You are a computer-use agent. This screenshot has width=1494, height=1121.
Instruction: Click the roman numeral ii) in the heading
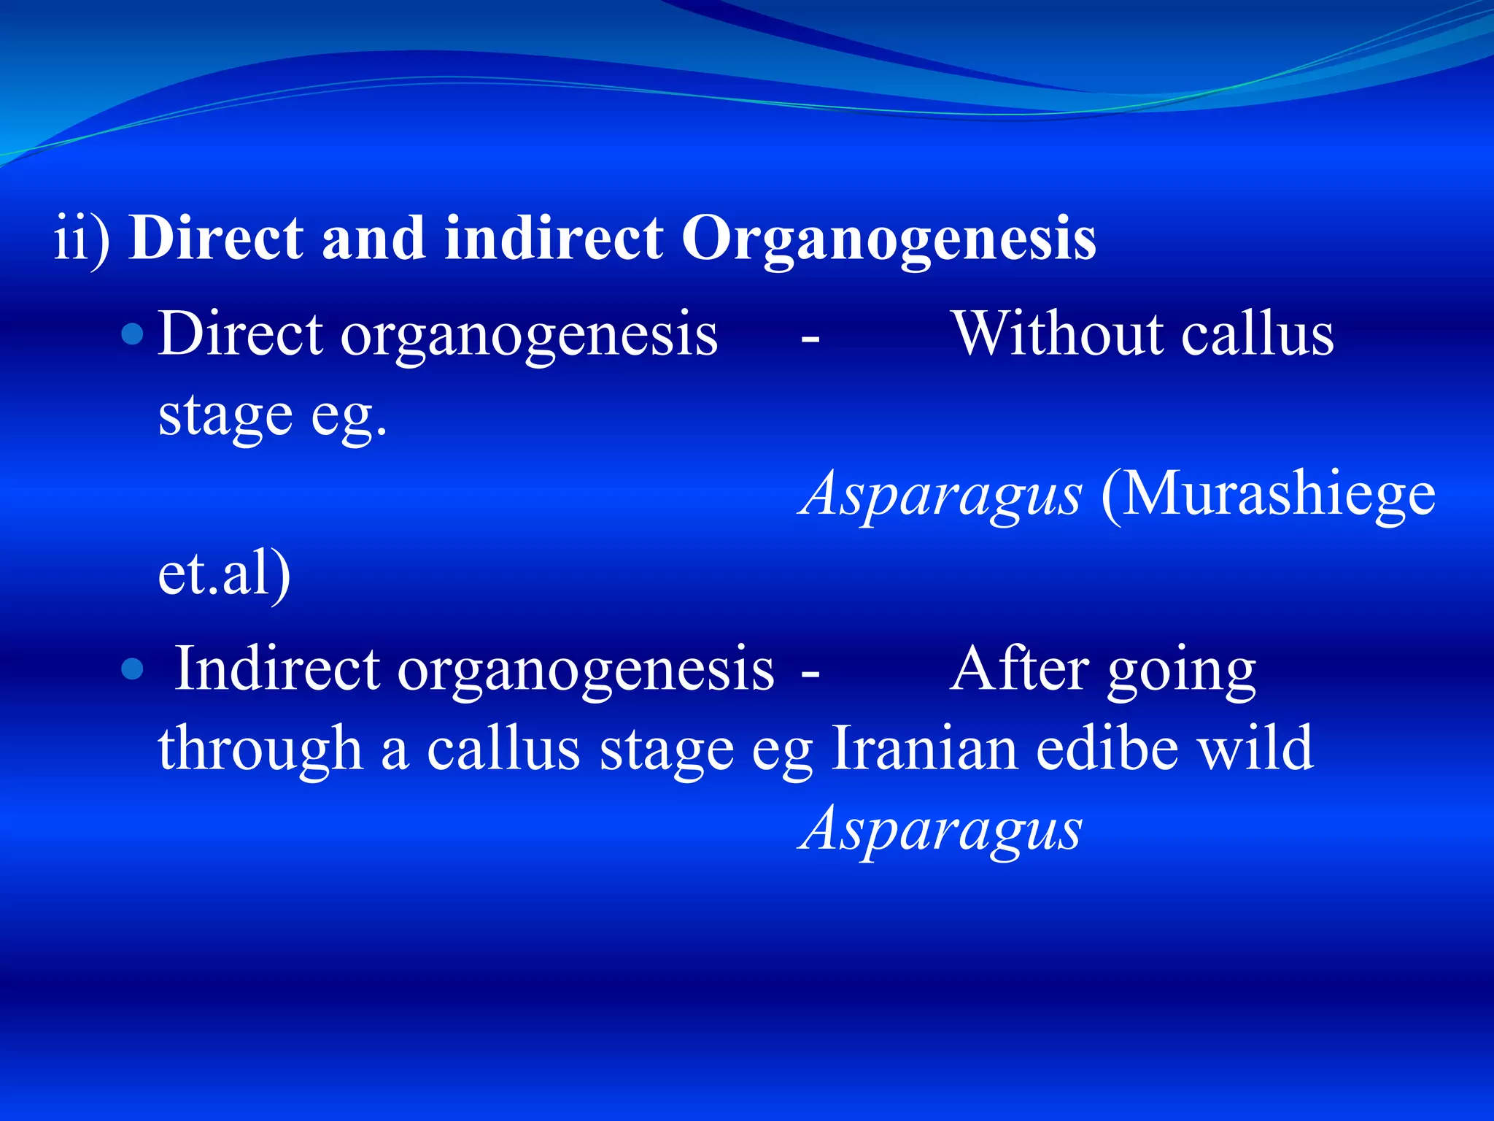click(82, 239)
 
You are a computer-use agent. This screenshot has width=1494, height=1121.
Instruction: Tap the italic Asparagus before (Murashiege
click(940, 495)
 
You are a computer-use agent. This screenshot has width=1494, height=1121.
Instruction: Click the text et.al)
click(224, 575)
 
